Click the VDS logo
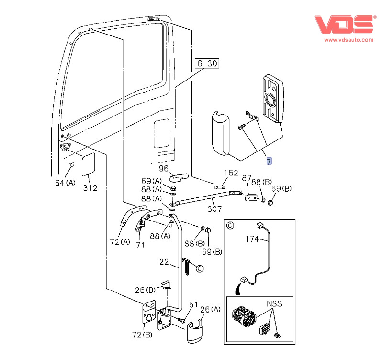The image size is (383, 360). pyautogui.click(x=344, y=24)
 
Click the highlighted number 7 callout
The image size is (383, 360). pyautogui.click(x=269, y=161)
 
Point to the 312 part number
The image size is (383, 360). pyautogui.click(x=90, y=188)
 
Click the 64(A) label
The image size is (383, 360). pyautogui.click(x=65, y=183)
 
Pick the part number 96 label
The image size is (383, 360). pyautogui.click(x=164, y=169)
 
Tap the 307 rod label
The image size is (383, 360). pyautogui.click(x=214, y=209)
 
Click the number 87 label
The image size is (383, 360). pyautogui.click(x=247, y=178)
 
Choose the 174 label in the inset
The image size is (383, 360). pyautogui.click(x=252, y=238)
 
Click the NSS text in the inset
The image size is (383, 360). pyautogui.click(x=274, y=303)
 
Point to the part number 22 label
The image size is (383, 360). pyautogui.click(x=164, y=262)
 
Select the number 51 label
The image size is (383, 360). pyautogui.click(x=193, y=304)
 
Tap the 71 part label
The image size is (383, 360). pyautogui.click(x=140, y=245)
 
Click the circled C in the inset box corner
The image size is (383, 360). pyautogui.click(x=230, y=225)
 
